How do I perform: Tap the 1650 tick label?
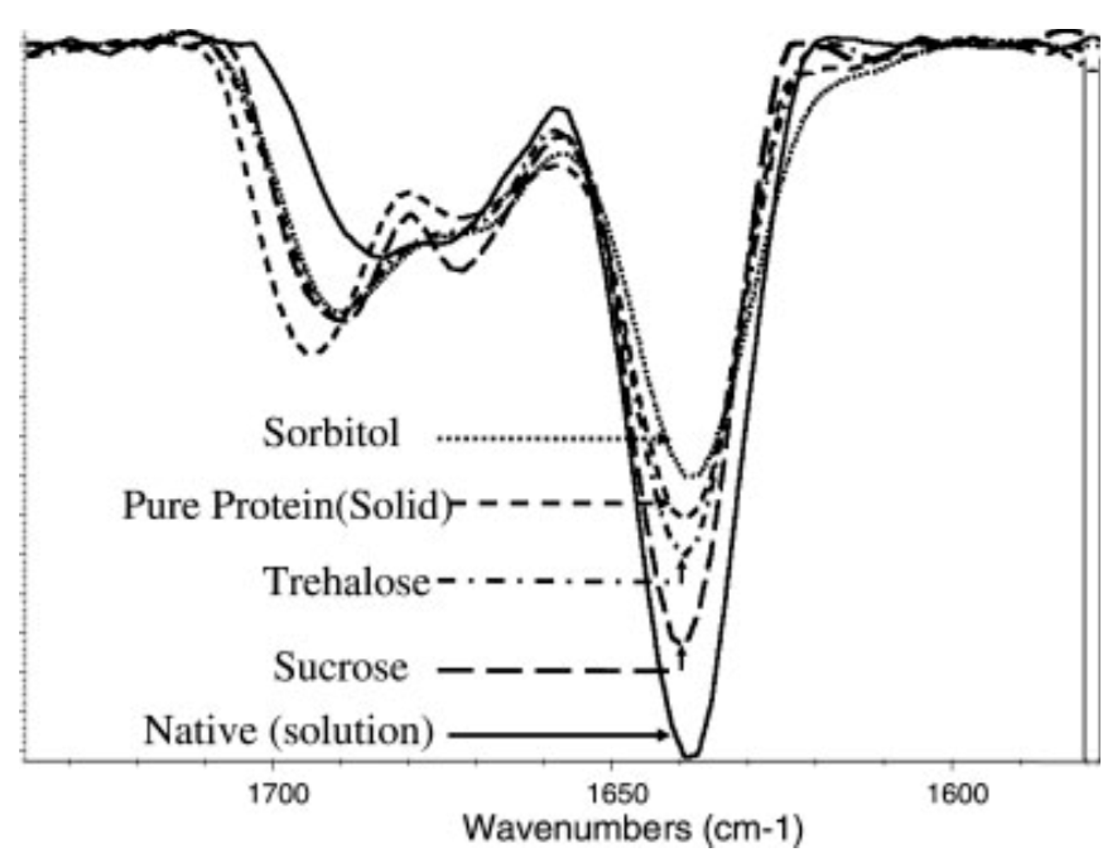tap(611, 793)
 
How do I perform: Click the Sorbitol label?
tap(331, 433)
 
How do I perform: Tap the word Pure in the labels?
tap(163, 505)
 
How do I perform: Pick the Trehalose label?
tap(346, 581)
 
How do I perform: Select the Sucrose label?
tap(341, 667)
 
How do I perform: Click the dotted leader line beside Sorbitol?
tap(536, 438)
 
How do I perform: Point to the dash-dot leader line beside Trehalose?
tap(536, 580)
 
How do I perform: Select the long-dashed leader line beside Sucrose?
tap(549, 670)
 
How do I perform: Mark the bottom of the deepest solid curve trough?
tap(690, 755)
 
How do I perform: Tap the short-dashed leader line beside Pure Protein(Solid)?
tap(549, 503)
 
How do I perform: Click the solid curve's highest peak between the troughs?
tap(559, 110)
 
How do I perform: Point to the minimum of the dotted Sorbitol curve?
tap(692, 477)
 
